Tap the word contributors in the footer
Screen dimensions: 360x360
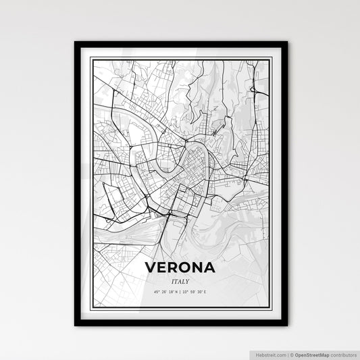[342, 353]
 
